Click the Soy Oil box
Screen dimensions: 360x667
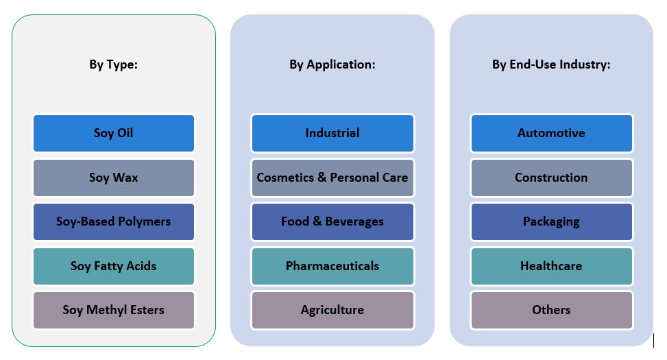pos(114,133)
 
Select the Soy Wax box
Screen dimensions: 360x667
pos(114,178)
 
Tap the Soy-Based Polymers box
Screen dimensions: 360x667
pos(114,221)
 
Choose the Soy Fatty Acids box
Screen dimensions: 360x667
pos(114,266)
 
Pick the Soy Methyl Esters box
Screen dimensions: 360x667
pos(114,310)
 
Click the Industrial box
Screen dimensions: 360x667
pos(332,133)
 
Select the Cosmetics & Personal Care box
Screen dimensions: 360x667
pos(332,178)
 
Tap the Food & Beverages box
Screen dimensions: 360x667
pos(332,221)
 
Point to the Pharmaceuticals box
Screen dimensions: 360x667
pos(332,266)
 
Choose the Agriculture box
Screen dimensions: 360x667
pos(332,310)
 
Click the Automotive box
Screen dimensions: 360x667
pos(551,133)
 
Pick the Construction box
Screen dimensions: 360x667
pos(551,178)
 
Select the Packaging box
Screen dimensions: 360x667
pos(551,221)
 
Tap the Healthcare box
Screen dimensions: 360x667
pos(551,266)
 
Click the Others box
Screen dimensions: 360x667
pos(551,310)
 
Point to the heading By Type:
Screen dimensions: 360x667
pos(114,65)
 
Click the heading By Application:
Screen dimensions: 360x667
pos(332,65)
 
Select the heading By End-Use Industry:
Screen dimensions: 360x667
pos(551,65)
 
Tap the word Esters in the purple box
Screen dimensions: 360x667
pos(147,310)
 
